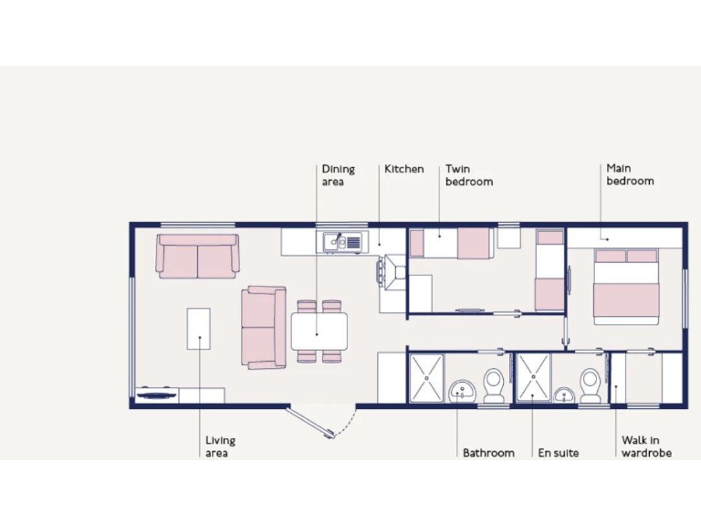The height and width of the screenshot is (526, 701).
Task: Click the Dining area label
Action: coord(338,175)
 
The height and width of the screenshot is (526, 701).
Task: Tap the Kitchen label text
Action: coord(403,169)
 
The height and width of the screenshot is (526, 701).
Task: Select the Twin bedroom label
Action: coord(468,175)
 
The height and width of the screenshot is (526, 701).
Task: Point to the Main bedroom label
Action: coord(630,175)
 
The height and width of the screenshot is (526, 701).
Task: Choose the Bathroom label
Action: coord(487,453)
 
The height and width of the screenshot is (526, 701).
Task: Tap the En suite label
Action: coord(558,453)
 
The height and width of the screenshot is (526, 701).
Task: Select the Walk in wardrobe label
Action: coord(646,447)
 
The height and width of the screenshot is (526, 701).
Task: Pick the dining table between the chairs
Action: coord(319,331)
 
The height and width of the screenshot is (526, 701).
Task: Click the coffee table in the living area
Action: coord(198,328)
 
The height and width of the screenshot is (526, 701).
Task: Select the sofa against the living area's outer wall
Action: coord(197,257)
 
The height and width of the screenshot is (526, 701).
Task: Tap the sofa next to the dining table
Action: coord(264,328)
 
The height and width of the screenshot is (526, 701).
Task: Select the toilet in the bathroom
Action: coord(494,385)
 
